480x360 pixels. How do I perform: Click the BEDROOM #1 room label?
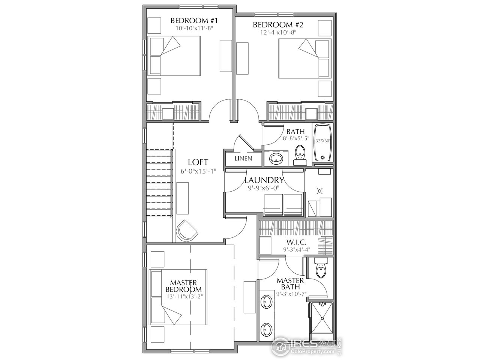point(194,21)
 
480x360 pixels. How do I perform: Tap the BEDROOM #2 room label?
point(278,25)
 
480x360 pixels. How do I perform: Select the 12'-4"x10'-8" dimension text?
point(278,33)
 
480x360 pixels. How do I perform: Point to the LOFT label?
point(198,162)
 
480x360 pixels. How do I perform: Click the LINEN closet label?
point(243,159)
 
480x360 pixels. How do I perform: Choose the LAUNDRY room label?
point(264,180)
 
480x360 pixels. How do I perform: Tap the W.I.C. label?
point(296,242)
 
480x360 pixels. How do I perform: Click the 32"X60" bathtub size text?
point(323,141)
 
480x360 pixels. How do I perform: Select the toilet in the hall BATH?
point(300,155)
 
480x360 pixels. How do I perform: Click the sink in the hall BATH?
point(276,157)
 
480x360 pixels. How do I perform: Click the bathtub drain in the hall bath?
point(322,157)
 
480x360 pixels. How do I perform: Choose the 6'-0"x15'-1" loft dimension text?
point(198,171)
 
